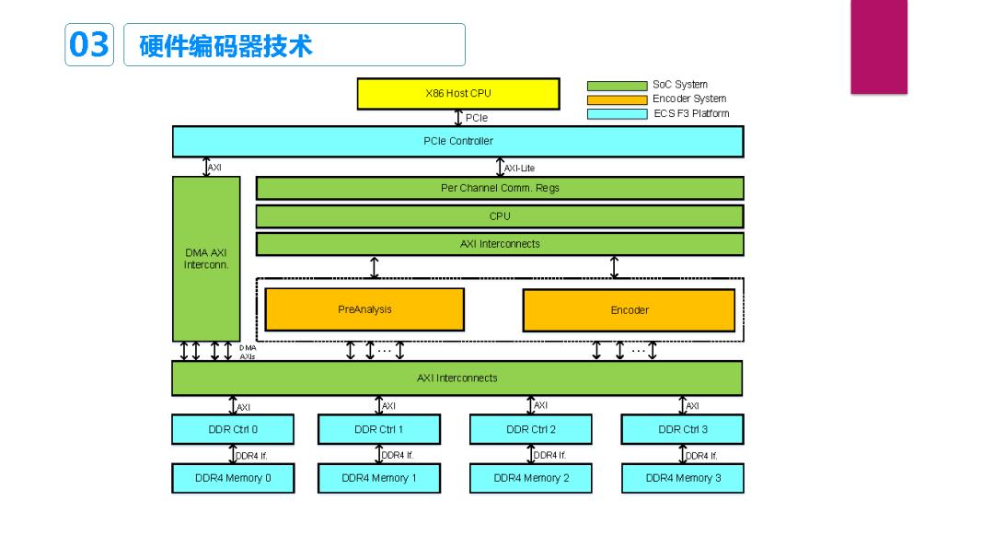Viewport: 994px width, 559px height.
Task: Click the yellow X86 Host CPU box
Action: click(458, 94)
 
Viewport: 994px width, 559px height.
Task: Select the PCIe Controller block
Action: click(457, 142)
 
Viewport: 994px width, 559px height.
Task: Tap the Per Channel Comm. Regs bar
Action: click(500, 188)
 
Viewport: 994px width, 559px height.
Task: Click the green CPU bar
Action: click(500, 216)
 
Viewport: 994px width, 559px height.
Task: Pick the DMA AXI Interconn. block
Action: click(206, 259)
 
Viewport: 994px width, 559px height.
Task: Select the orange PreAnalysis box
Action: click(364, 309)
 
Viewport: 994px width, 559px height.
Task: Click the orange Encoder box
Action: click(629, 310)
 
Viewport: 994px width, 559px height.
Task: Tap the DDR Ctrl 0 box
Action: click(233, 429)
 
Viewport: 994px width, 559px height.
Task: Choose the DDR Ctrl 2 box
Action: click(531, 429)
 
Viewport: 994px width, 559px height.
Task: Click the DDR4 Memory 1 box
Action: click(379, 478)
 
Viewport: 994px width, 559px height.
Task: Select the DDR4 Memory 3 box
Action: click(682, 478)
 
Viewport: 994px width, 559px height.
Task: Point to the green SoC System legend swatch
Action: click(617, 86)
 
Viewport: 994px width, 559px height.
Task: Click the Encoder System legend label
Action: click(689, 99)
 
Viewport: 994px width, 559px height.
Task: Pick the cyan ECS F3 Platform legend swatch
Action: click(617, 114)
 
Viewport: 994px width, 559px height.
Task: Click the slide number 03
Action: click(88, 44)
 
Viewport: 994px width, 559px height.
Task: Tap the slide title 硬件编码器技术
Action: click(225, 45)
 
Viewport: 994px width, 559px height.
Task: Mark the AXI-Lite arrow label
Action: click(520, 169)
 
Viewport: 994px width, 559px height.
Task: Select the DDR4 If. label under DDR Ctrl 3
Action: click(701, 455)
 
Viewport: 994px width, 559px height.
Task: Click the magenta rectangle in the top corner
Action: click(879, 46)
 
